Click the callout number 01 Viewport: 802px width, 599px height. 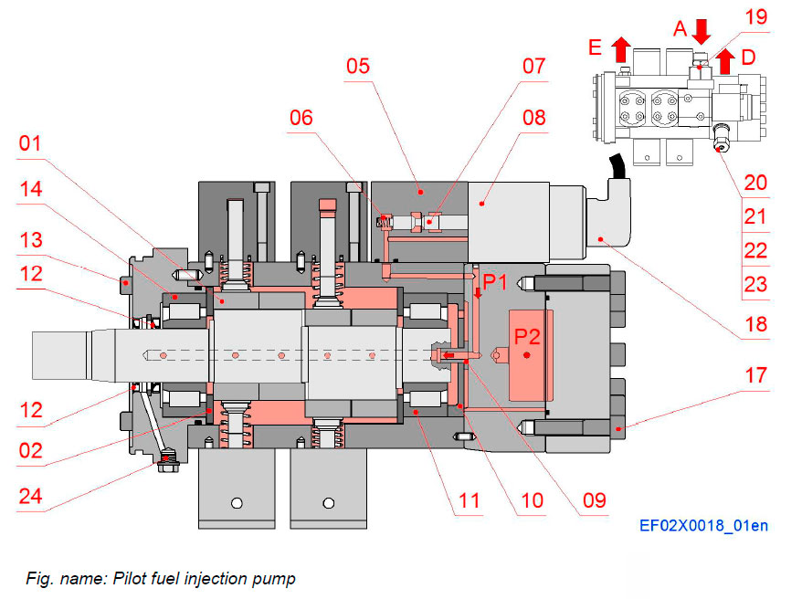click(x=30, y=143)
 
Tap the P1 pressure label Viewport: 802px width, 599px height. click(x=495, y=282)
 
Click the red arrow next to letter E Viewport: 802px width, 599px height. click(x=621, y=47)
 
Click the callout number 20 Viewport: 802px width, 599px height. click(x=755, y=182)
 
